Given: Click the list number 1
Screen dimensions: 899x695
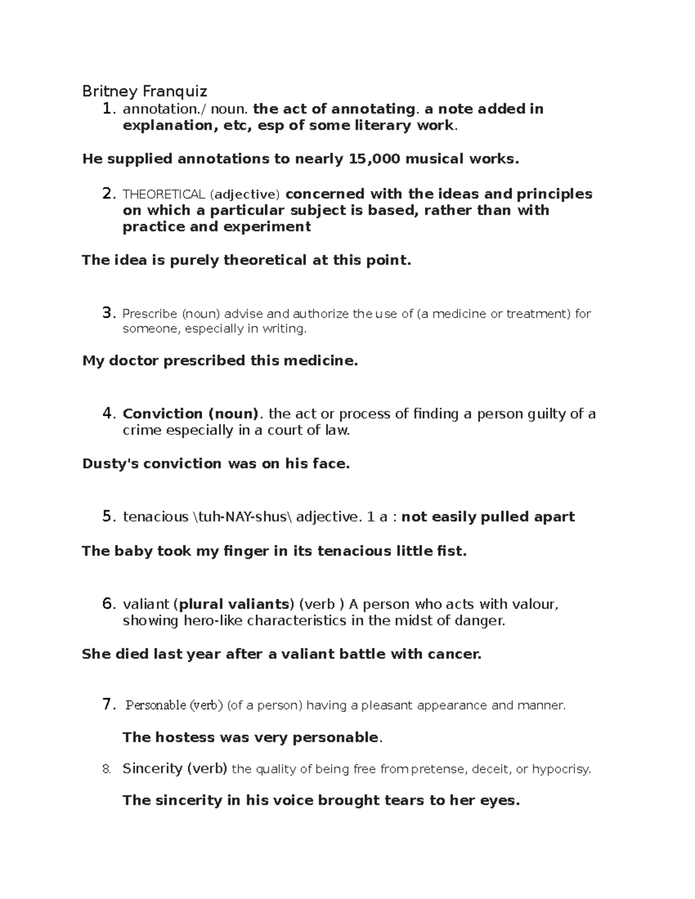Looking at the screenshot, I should point(106,109).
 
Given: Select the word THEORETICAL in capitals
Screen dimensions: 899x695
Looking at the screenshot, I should point(164,194).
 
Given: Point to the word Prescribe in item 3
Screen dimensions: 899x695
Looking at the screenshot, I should point(150,314).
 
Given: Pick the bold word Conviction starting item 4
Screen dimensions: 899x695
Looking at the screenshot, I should point(162,414).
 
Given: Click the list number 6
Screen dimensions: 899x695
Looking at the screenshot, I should point(108,604).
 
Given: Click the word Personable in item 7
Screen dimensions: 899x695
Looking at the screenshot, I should point(156,705).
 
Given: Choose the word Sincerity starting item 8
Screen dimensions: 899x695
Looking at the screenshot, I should point(152,769).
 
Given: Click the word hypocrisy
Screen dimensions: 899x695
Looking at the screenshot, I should point(561,769).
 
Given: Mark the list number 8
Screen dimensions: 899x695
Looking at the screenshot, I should point(105,769).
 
